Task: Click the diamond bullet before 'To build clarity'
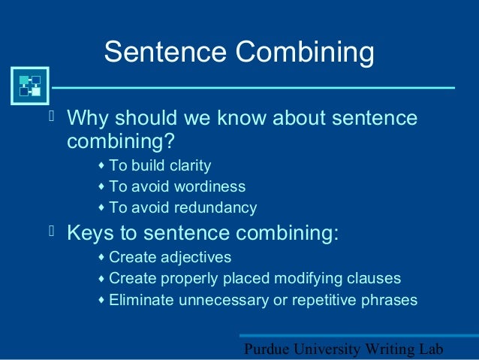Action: (101, 165)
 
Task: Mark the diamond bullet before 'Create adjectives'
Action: (101, 257)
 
